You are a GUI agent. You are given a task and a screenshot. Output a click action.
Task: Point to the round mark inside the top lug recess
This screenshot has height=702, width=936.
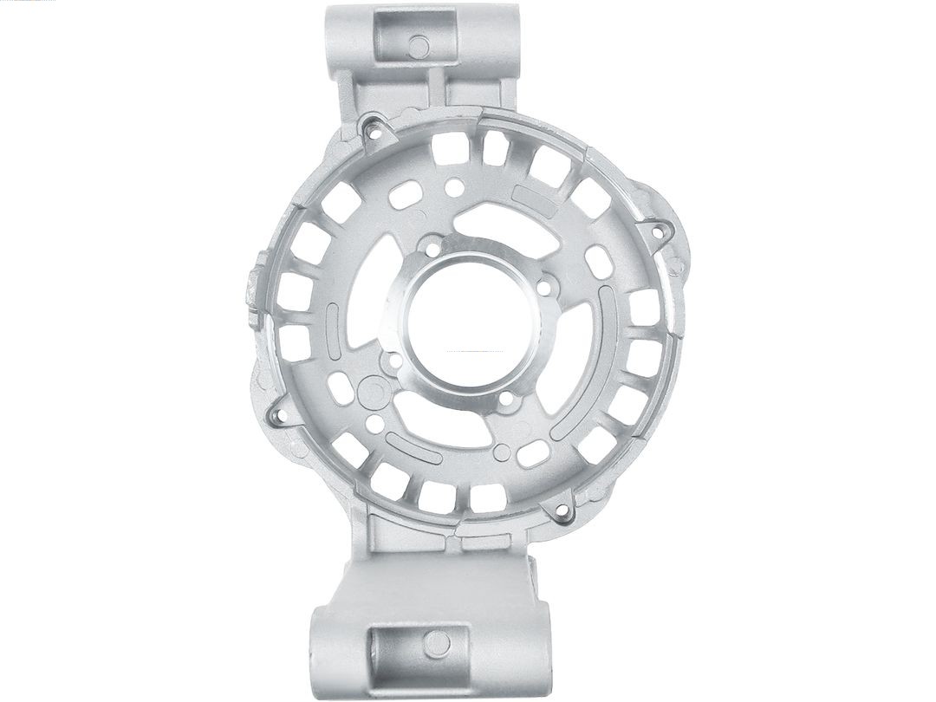tap(419, 46)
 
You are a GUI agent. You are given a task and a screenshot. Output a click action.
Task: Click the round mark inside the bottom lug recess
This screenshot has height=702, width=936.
tap(439, 642)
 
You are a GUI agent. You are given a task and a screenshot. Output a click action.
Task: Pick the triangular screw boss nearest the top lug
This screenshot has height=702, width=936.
tap(375, 130)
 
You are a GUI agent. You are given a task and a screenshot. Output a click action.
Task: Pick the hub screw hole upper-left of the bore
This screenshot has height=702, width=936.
tap(431, 250)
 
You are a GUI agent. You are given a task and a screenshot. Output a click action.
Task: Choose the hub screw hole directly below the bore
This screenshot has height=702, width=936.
tap(506, 400)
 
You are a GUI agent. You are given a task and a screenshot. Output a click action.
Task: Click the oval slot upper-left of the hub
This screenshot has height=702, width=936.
tap(406, 194)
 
